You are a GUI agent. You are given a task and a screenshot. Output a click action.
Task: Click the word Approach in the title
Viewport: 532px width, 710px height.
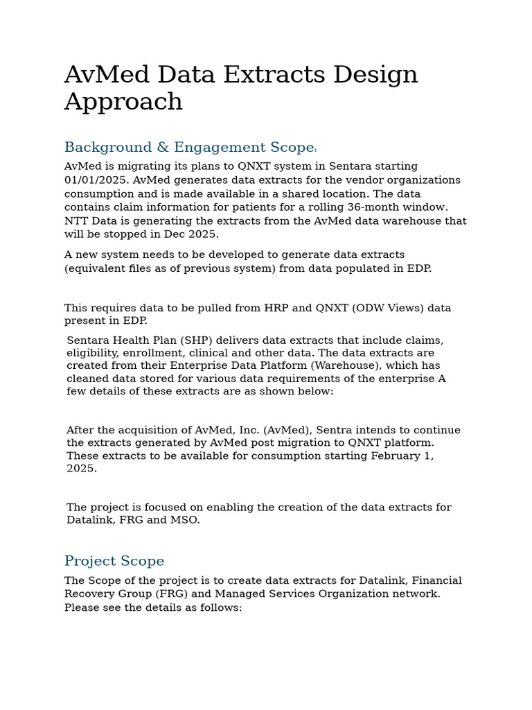[123, 102]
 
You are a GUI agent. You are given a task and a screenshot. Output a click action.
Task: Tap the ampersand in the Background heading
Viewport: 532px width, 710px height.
[163, 148]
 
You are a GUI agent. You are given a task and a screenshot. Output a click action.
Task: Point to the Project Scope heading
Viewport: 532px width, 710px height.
[114, 561]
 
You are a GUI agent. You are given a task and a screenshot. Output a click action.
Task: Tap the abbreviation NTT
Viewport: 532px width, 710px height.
[76, 221]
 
